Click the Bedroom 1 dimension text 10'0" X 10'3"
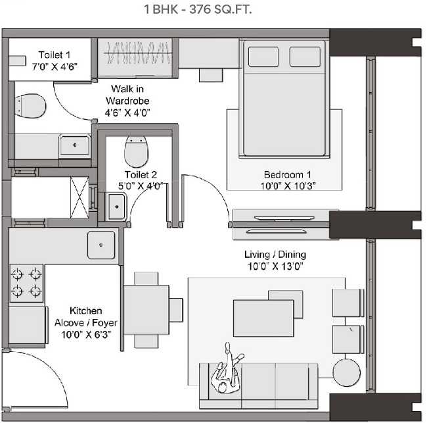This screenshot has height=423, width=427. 287,185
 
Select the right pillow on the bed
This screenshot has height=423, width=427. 305,57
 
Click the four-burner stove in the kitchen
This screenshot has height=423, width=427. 26,283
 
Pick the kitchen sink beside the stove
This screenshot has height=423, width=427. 101,245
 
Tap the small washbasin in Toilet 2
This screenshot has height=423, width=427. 116,210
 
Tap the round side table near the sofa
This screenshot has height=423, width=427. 346,373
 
